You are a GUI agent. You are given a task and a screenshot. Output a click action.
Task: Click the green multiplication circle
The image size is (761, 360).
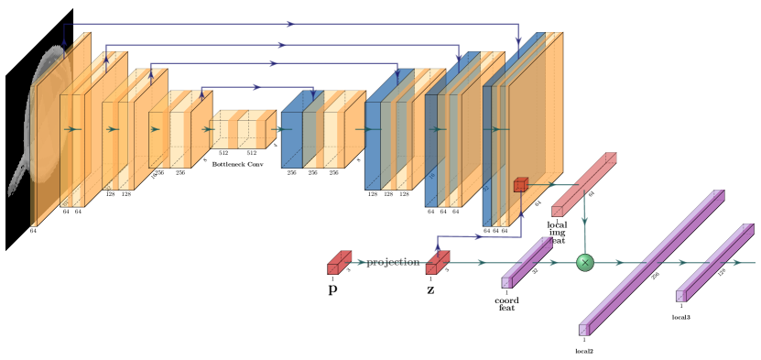click(x=584, y=263)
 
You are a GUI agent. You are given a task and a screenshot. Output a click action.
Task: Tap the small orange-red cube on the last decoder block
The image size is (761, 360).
click(x=520, y=185)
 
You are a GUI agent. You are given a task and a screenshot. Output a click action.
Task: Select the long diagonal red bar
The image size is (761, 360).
click(x=584, y=184)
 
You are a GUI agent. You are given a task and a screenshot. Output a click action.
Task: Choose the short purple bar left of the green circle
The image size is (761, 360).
click(x=527, y=262)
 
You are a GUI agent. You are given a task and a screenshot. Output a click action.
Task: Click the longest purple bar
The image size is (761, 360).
click(x=651, y=262)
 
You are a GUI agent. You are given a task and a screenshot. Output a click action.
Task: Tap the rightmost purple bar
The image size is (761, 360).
click(x=714, y=262)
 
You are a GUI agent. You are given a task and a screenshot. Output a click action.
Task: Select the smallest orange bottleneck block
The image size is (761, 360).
click(x=243, y=129)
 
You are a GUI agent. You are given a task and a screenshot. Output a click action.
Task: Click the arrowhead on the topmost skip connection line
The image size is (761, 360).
click(x=290, y=24)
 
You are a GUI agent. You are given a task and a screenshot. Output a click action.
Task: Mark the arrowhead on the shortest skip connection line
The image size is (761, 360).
click(x=257, y=87)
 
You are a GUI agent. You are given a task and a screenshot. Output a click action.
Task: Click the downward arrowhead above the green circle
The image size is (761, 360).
click(x=584, y=222)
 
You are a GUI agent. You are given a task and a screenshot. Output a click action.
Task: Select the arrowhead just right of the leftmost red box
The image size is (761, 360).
click(x=362, y=263)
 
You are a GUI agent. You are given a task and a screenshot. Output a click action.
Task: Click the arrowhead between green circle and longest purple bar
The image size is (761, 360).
click(x=619, y=263)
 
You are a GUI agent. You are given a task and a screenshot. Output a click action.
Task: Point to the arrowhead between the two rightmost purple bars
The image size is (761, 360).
click(x=681, y=263)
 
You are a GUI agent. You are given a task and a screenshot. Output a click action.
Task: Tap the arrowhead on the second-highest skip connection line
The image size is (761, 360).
click(x=282, y=44)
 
